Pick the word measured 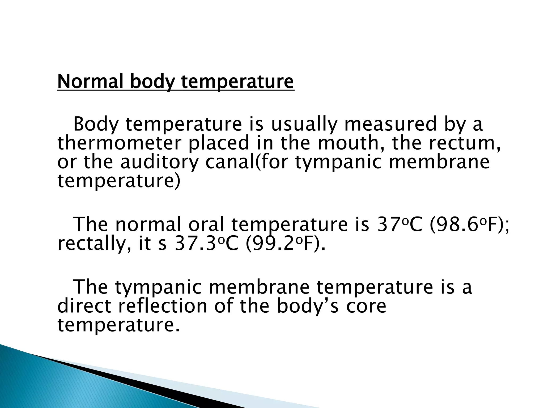[x=390, y=124]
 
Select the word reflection [x=162, y=306]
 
